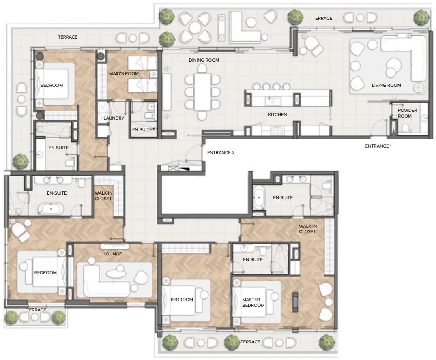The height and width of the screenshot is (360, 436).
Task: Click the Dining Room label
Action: (x=204, y=60)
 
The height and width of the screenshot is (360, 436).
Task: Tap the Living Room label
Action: (x=386, y=86)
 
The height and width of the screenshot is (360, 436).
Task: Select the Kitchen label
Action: (x=277, y=114)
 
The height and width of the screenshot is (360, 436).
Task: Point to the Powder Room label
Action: (x=407, y=113)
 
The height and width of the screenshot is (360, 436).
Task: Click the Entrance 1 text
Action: (x=378, y=146)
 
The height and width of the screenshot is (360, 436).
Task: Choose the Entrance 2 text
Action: (x=221, y=152)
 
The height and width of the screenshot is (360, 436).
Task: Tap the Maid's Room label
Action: (x=124, y=73)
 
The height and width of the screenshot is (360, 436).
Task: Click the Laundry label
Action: (x=114, y=118)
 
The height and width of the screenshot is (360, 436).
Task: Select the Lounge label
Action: (x=112, y=254)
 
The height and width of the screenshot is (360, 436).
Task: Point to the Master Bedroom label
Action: (x=253, y=302)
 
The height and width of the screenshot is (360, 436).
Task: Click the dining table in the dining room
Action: (x=202, y=92)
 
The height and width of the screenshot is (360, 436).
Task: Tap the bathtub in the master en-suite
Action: (x=259, y=197)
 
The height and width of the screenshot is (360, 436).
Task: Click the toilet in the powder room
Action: (x=405, y=128)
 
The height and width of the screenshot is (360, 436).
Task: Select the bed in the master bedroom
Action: (x=257, y=302)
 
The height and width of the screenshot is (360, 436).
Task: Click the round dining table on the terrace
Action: (x=195, y=28)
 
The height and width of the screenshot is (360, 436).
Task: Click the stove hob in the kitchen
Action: (x=277, y=130)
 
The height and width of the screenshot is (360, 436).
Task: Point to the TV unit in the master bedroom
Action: (x=295, y=302)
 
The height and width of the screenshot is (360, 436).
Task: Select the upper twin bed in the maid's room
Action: (x=142, y=63)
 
